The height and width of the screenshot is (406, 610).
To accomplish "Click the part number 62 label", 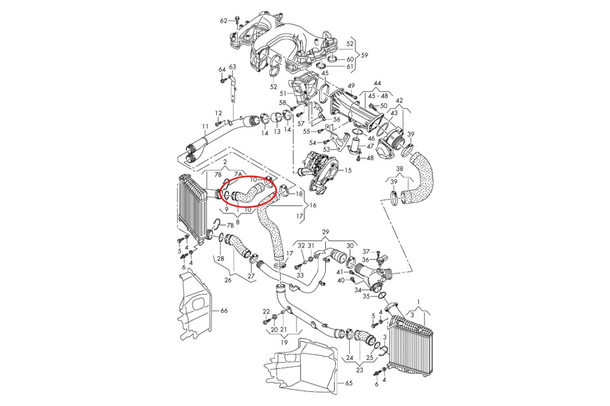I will (224, 21).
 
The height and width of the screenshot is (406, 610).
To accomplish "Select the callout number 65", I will (348, 383).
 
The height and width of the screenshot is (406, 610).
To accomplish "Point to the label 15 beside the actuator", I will (348, 170).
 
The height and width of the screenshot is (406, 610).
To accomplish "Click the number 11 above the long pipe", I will (205, 126).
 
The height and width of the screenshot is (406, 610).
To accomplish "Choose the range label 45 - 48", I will (377, 95).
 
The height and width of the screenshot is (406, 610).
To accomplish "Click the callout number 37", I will (366, 252).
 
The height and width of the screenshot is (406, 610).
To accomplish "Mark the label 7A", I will (238, 174).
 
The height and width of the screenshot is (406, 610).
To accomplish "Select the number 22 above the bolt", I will (266, 311).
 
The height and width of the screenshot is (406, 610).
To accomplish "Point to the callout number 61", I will (350, 66).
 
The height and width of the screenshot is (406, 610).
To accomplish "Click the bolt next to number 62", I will (237, 20).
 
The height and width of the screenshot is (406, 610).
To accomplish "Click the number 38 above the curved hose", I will (400, 168).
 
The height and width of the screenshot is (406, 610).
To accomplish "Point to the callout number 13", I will (277, 131).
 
